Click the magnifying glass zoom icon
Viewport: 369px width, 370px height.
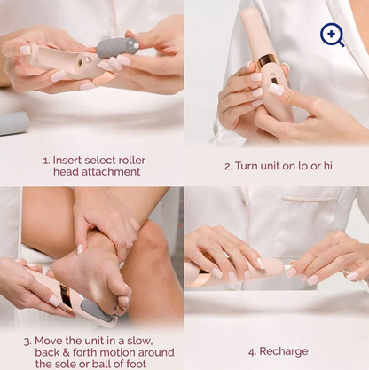click(x=333, y=35)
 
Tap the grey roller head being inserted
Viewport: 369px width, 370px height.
click(x=118, y=48)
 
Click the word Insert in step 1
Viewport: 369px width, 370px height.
click(x=67, y=161)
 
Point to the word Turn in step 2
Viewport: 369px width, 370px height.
click(x=247, y=166)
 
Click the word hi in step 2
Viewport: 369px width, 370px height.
click(x=327, y=166)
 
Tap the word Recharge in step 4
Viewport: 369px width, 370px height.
click(x=284, y=351)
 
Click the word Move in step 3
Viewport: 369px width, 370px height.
click(x=49, y=341)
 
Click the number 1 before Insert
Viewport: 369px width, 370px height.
click(x=46, y=161)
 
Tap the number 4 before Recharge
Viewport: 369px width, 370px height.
click(x=252, y=352)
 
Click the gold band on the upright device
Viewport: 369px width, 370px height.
click(x=265, y=62)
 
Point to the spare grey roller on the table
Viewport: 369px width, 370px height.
click(x=12, y=123)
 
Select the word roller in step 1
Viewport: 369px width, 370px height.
click(x=131, y=161)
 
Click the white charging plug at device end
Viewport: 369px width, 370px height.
click(x=288, y=267)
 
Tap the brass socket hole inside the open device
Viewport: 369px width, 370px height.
click(x=80, y=62)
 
